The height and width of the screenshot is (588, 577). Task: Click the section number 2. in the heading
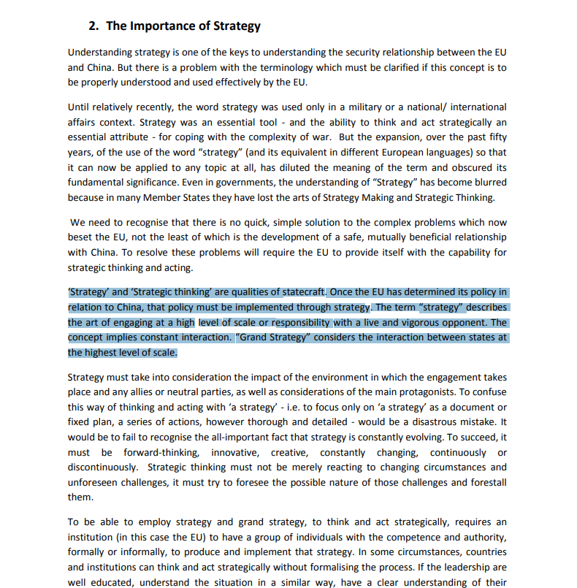pos(93,26)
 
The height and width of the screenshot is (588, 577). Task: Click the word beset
pos(80,237)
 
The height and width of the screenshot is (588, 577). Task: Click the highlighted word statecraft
pos(300,293)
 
